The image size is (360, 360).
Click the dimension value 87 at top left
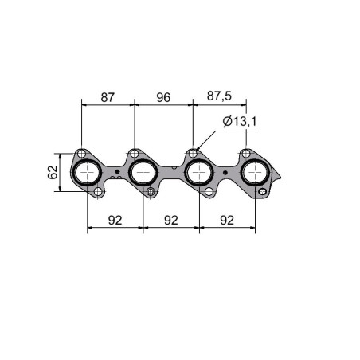click(108, 97)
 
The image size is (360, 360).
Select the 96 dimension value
click(163, 97)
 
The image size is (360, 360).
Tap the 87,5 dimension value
click(219, 96)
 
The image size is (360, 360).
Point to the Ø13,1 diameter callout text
click(240, 122)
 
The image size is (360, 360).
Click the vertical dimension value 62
click(53, 172)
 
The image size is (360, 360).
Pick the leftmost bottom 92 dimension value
click(115, 221)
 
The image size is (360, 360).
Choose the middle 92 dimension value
click(171, 221)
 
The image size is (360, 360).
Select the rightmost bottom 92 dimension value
click(227, 221)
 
